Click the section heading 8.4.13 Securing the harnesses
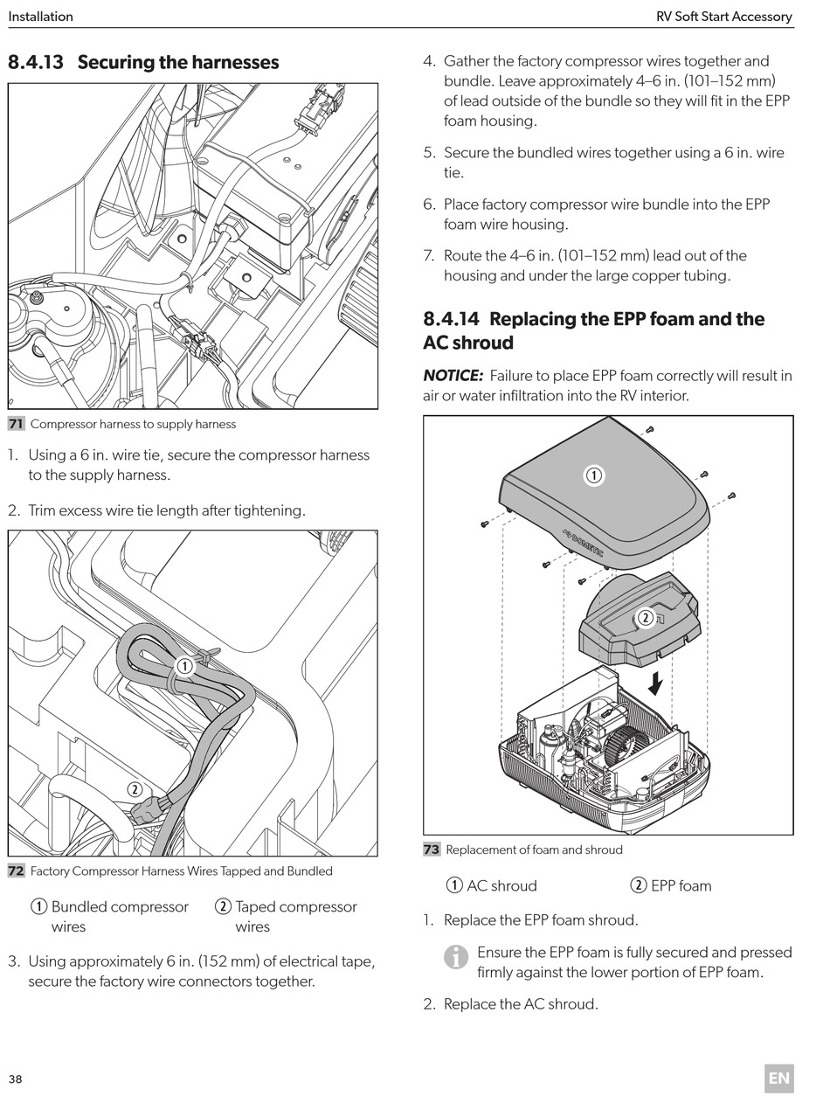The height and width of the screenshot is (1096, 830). pos(143,62)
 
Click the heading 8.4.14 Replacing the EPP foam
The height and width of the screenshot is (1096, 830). pos(593,330)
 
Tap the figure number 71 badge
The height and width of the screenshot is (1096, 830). pos(16,424)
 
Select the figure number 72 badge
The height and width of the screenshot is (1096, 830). pos(16,871)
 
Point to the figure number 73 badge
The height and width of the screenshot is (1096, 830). pos(432,850)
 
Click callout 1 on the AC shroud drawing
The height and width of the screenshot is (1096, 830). pos(593,475)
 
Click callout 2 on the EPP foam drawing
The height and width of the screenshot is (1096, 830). pos(646,618)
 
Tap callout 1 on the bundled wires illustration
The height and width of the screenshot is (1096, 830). pos(184,666)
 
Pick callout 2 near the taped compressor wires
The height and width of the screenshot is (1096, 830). pos(135,789)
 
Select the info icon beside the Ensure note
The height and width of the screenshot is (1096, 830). pos(456,958)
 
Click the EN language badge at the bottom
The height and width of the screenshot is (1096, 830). pos(778,1078)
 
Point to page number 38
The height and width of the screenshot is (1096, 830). pos(16,1079)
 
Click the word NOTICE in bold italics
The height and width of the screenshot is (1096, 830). pos(453,376)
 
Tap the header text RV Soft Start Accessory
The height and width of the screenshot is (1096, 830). pos(723,16)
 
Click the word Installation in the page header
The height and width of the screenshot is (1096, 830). pos(41,16)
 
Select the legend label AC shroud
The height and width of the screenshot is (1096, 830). pos(501,885)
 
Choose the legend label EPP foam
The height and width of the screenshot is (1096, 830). pos(681,885)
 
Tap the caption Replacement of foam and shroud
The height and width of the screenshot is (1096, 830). pos(534,850)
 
